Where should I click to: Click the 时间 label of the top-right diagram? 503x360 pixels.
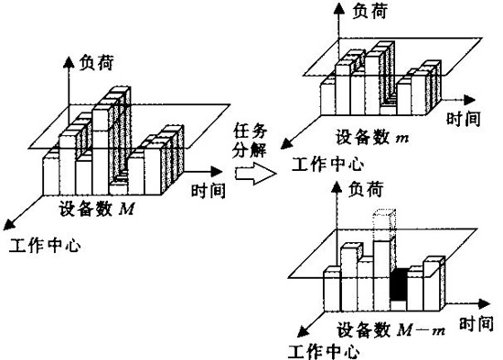(464, 119)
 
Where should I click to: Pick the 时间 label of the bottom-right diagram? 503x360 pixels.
(474, 323)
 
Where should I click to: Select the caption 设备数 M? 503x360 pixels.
(98, 208)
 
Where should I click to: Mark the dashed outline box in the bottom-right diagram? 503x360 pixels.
(383, 223)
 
